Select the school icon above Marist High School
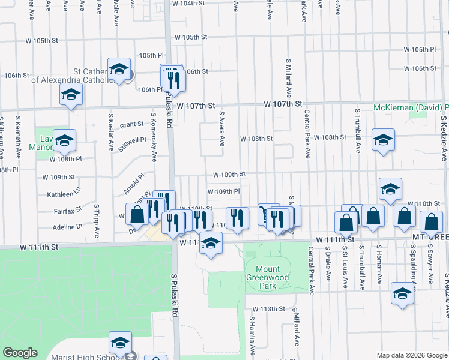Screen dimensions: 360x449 120,343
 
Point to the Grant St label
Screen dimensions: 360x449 131,125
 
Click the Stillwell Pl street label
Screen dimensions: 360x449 133,144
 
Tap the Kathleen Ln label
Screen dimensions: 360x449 64,194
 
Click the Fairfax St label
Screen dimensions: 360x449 68,211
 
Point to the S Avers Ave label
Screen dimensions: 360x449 222,128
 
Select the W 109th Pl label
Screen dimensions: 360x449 224,191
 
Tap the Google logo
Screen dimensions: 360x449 20,353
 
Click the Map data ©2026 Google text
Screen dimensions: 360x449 411,355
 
